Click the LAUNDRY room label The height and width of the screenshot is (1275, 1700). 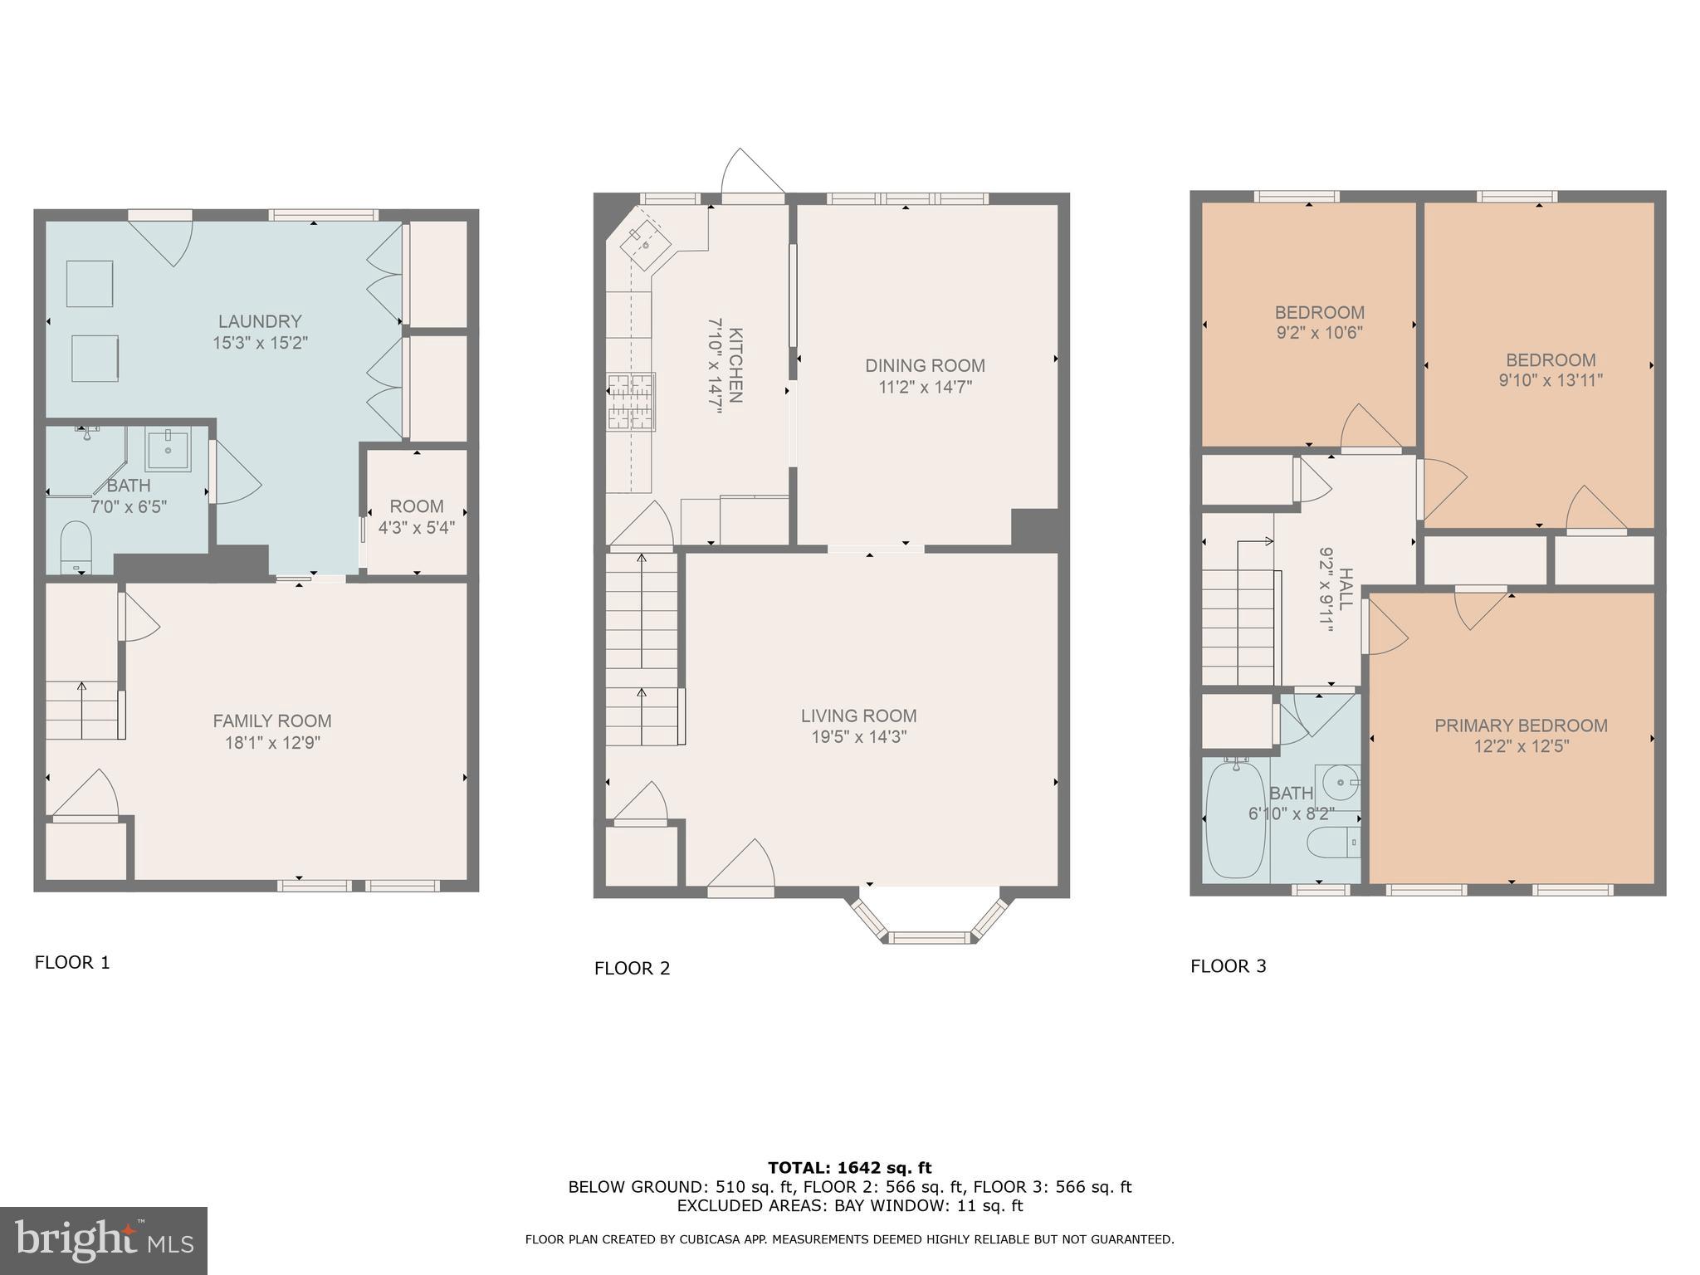tap(260, 321)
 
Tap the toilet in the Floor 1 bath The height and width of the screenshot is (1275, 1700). tap(76, 547)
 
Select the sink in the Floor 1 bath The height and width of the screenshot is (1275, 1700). tap(169, 449)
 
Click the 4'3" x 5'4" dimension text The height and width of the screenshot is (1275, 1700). tap(417, 527)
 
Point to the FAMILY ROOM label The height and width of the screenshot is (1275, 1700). tap(272, 721)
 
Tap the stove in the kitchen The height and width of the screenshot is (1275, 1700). tap(631, 403)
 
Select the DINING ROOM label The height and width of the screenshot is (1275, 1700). tap(926, 365)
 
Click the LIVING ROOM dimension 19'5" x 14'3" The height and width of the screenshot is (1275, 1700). tap(859, 737)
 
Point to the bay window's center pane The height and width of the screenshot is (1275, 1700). tap(929, 938)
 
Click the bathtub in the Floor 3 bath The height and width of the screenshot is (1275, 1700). tap(1236, 819)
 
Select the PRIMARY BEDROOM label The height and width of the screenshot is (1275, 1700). tap(1522, 725)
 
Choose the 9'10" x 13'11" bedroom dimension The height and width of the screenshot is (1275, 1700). tap(1551, 381)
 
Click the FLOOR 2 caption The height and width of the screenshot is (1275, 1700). tap(632, 968)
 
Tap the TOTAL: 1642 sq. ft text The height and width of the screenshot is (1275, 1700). tap(849, 1168)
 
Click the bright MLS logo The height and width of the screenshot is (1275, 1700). tap(104, 1241)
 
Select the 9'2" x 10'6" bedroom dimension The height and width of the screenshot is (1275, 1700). tap(1320, 334)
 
